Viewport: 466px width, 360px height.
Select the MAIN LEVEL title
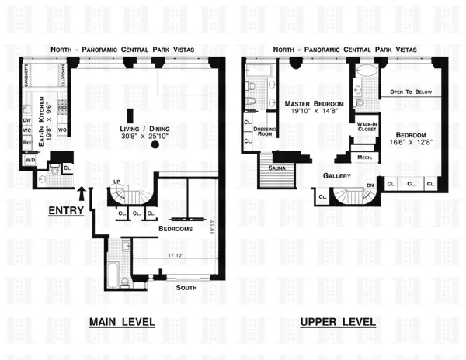121,321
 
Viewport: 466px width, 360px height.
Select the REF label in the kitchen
27,142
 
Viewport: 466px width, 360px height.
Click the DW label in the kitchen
27,120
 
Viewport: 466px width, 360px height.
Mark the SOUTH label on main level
186,287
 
